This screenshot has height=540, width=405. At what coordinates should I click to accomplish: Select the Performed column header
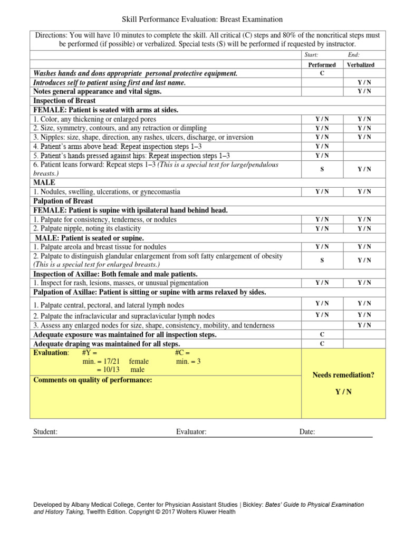tap(322, 65)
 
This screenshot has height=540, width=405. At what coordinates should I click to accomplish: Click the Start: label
tap(312, 55)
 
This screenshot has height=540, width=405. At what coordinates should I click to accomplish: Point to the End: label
tap(354, 55)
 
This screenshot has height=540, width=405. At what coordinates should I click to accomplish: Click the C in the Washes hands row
tap(322, 73)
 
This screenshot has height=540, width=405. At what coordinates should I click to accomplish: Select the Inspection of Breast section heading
tap(64, 101)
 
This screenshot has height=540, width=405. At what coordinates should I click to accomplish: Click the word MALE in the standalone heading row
tap(44, 182)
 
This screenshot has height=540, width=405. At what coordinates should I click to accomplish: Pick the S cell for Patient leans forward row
tap(322, 169)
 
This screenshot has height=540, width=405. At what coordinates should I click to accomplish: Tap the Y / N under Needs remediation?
tap(343, 392)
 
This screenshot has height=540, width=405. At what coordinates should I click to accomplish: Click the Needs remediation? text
tap(343, 375)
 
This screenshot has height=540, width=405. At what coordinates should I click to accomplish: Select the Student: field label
tap(45, 432)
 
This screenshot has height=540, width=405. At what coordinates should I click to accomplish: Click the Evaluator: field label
tap(191, 432)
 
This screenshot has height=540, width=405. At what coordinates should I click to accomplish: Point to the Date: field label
tap(307, 432)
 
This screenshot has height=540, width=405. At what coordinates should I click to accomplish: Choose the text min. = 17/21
tap(101, 361)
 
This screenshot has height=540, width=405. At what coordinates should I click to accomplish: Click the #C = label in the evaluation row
tap(182, 352)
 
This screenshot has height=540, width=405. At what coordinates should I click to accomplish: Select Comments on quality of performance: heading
tap(92, 380)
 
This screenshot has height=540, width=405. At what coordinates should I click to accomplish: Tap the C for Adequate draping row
tap(322, 343)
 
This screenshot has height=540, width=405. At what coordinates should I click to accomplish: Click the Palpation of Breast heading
tap(63, 201)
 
